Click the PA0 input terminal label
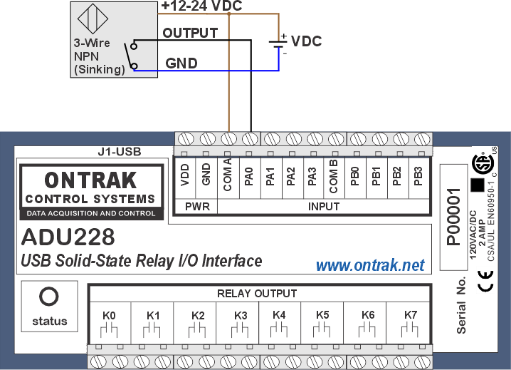pyautogui.click(x=248, y=177)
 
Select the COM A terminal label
pyautogui.click(x=228, y=175)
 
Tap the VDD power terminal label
pyautogui.click(x=185, y=175)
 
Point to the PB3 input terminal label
pyautogui.click(x=418, y=176)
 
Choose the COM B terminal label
pyautogui.click(x=333, y=176)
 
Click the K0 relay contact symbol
pyautogui.click(x=108, y=331)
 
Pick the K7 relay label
pyautogui.click(x=411, y=315)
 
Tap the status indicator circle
pyautogui.click(x=49, y=297)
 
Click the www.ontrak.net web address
pyautogui.click(x=370, y=265)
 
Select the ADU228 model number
pyautogui.click(x=68, y=237)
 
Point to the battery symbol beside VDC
pyautogui.click(x=278, y=44)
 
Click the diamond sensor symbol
pyautogui.click(x=93, y=19)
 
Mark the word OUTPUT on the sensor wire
pyautogui.click(x=190, y=33)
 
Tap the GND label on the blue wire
pyautogui.click(x=181, y=63)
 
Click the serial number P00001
pyautogui.click(x=454, y=217)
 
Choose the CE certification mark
pyautogui.click(x=485, y=281)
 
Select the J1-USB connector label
pyautogui.click(x=120, y=152)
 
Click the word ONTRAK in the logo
pyautogui.click(x=90, y=180)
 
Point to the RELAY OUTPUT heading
pyautogui.click(x=257, y=294)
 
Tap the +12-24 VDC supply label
pyautogui.click(x=201, y=6)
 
